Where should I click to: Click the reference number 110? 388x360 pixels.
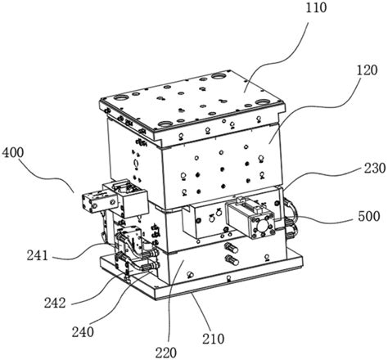pyautogui.click(x=316, y=7)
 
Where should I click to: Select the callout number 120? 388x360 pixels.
pyautogui.click(x=367, y=70)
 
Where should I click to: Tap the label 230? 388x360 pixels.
pyautogui.click(x=375, y=168)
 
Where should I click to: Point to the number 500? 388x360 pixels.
pyautogui.click(x=369, y=217)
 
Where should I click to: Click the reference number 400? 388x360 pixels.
pyautogui.click(x=13, y=153)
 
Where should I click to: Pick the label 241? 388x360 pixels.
pyautogui.click(x=38, y=255)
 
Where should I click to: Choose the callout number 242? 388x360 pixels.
pyautogui.click(x=55, y=303)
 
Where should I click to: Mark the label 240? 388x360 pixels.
pyautogui.click(x=83, y=332)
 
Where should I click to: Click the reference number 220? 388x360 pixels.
pyautogui.click(x=166, y=353)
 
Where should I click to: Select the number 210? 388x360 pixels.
pyautogui.click(x=214, y=339)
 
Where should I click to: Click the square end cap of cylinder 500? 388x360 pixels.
pyautogui.click(x=262, y=226)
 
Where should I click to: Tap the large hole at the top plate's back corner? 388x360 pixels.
pyautogui.click(x=219, y=76)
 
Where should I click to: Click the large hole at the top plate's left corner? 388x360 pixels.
pyautogui.click(x=120, y=97)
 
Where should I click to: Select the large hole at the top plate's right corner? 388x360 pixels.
pyautogui.click(x=263, y=102)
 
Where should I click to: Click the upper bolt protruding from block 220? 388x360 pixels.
pyautogui.click(x=232, y=249)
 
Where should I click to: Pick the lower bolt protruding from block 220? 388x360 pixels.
pyautogui.click(x=232, y=260)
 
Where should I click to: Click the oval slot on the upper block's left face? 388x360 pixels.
pyautogui.click(x=136, y=164)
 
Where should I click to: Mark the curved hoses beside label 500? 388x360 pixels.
pyautogui.click(x=291, y=218)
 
